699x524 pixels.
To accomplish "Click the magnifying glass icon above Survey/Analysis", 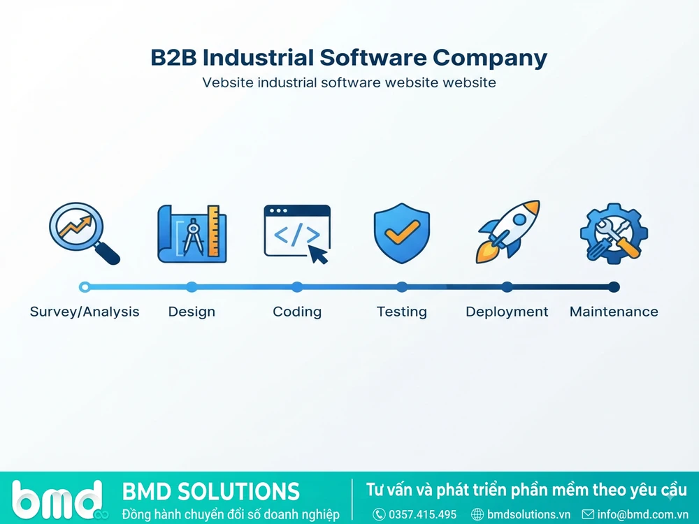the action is (85, 233).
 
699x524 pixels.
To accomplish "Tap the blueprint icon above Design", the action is (192, 233).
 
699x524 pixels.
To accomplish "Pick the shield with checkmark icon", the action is (402, 233).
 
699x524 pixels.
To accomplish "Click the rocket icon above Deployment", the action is (507, 232).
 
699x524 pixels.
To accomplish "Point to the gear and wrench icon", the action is (614, 233).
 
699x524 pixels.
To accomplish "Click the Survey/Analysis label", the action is (85, 312).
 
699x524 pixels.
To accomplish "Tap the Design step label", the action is (192, 312).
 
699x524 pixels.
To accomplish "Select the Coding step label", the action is (297, 312).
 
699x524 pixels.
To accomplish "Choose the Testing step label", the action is (402, 312).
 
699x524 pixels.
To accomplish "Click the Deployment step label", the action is (507, 312).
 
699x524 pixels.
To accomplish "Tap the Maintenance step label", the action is (614, 312).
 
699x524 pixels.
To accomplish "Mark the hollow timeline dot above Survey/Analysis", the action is (85, 287).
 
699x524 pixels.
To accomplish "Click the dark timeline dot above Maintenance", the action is (614, 287).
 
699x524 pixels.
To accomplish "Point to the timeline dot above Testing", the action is (402, 287).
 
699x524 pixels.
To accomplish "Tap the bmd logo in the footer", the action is (58, 500).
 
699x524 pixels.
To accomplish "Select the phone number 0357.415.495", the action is (423, 515).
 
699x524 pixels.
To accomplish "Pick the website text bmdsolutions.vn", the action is (528, 515).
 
